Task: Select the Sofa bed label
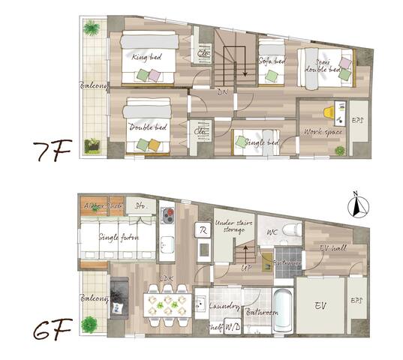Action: point(272,61)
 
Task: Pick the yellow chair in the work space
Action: point(330,112)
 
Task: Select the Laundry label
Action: point(224,307)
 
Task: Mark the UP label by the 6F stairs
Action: point(245,268)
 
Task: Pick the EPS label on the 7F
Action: point(358,119)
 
